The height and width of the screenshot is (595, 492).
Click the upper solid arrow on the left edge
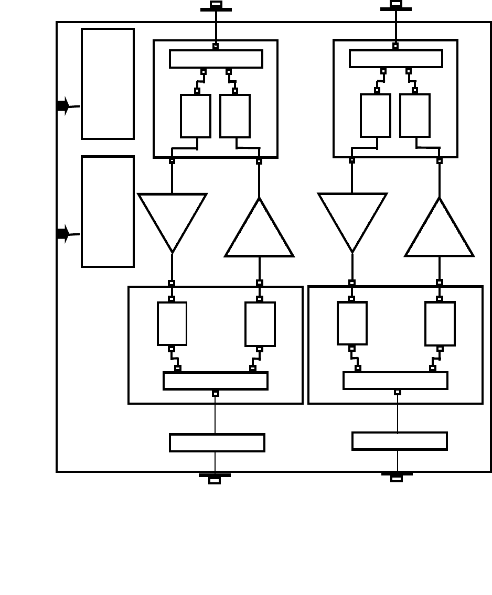pos(63,106)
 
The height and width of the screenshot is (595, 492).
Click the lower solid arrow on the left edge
pos(63,234)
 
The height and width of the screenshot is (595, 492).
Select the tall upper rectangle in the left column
pos(108,84)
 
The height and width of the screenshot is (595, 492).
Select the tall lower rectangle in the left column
pos(108,211)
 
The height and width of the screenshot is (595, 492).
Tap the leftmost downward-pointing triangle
pos(172,218)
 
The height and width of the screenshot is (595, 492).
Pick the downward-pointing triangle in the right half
pos(352,218)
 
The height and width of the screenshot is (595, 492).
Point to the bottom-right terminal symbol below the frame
pos(397,477)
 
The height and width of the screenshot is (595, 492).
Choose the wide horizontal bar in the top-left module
pos(216,59)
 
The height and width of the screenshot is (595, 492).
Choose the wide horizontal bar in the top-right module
pos(396,58)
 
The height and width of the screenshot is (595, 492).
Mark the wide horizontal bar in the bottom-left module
pos(216,381)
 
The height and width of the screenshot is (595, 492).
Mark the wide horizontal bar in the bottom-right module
pos(395,380)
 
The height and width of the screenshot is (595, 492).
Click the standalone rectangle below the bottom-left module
pos(217,442)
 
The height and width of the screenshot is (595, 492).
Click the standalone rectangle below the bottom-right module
pos(400,441)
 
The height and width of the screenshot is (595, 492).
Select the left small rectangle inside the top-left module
pos(196,116)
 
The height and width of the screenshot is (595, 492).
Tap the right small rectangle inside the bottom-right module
pos(440,323)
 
